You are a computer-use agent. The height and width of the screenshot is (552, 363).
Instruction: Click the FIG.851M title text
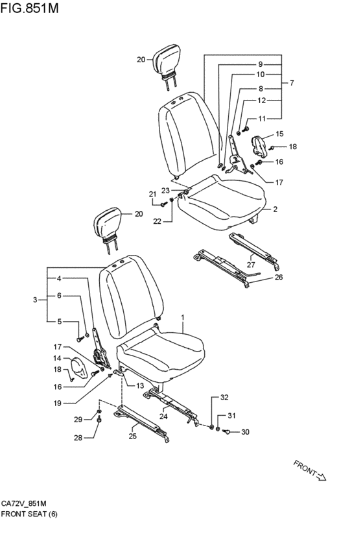(30, 8)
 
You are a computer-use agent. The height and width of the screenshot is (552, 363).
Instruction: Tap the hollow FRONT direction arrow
(322, 477)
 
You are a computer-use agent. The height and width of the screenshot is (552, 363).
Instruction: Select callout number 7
(292, 83)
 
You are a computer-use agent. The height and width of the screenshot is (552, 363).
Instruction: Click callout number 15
(279, 134)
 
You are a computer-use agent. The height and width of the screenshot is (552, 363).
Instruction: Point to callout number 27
(250, 265)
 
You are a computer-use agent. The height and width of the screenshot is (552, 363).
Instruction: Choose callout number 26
(279, 277)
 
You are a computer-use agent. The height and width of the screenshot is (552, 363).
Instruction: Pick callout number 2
(275, 209)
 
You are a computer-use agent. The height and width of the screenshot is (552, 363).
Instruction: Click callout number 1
(183, 317)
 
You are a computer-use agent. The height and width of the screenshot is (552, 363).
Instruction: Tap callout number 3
(35, 300)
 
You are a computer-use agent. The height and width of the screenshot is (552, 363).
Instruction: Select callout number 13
(139, 386)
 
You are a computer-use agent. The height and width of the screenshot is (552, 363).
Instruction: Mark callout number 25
(132, 436)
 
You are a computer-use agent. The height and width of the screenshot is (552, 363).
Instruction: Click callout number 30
(245, 432)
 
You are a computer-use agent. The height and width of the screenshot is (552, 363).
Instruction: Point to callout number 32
(224, 398)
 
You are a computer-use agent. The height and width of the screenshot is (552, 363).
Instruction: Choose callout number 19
(57, 403)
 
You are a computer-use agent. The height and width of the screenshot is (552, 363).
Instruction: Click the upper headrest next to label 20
(167, 64)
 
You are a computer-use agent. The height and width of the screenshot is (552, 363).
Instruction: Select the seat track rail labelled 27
(253, 250)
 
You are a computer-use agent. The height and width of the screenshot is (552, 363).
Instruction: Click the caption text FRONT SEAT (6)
(29, 514)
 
